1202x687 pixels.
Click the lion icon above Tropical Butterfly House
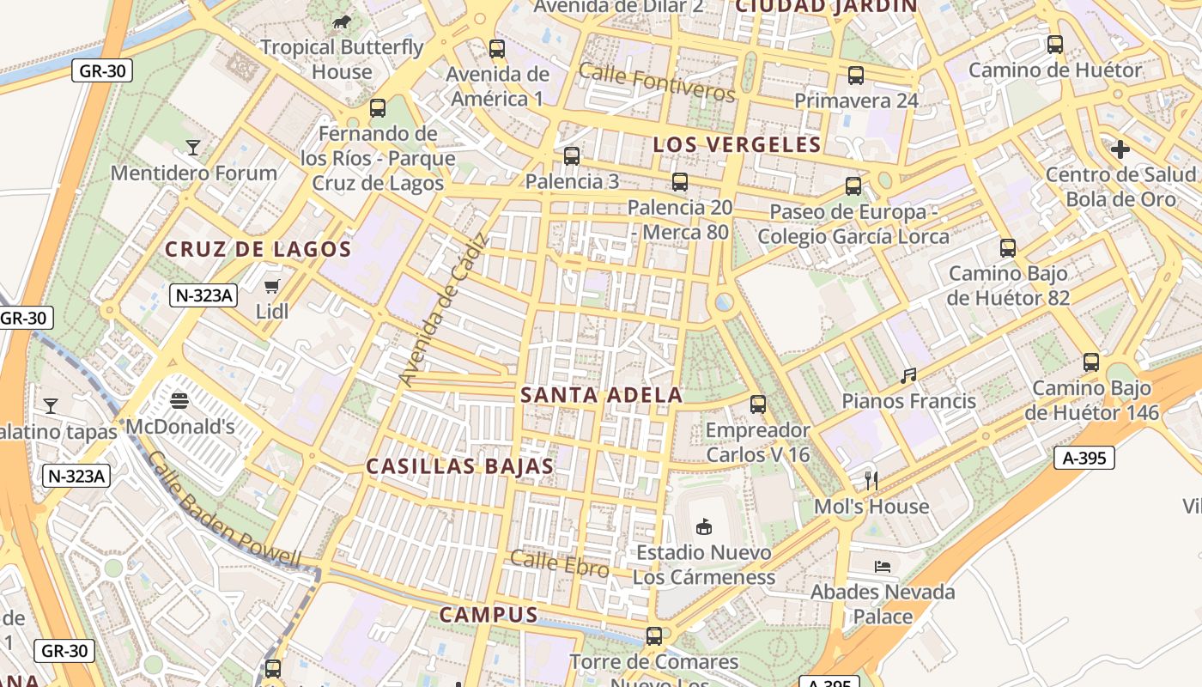[341, 21]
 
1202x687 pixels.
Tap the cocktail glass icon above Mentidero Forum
[193, 148]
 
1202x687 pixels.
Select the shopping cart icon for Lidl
[272, 286]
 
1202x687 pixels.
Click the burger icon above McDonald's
[179, 400]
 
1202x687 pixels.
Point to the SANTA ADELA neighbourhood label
[601, 395]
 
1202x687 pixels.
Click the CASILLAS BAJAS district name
[459, 466]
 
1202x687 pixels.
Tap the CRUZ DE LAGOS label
[258, 250]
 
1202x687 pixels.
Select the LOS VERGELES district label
[737, 144]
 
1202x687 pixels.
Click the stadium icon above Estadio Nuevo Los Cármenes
[703, 526]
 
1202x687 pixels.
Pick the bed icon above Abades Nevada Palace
[882, 566]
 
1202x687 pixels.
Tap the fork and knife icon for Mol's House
[871, 480]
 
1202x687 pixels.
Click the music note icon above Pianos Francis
[908, 375]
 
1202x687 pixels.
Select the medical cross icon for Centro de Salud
[1120, 149]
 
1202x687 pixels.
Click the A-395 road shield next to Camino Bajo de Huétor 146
[1084, 458]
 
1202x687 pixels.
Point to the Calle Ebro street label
[560, 564]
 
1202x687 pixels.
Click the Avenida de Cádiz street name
[443, 309]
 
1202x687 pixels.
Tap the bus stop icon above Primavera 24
[856, 76]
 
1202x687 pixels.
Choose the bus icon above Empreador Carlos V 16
[757, 404]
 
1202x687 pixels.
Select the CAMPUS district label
[489, 615]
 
